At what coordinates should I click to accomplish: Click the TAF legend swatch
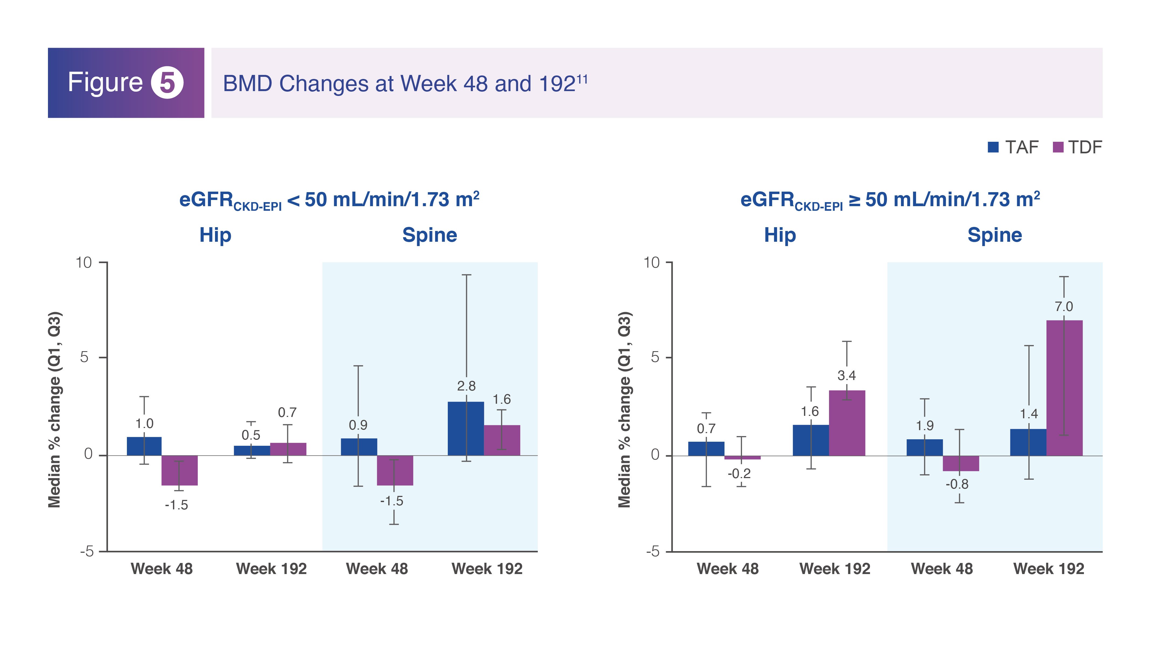(x=993, y=147)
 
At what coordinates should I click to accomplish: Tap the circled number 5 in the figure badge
(x=167, y=83)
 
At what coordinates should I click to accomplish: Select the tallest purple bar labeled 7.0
(x=1064, y=388)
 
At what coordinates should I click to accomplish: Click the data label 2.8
(x=466, y=386)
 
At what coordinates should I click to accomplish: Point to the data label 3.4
(x=846, y=375)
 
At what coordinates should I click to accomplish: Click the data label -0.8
(x=957, y=484)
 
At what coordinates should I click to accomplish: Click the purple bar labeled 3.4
(x=847, y=423)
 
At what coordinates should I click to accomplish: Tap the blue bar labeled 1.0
(x=144, y=446)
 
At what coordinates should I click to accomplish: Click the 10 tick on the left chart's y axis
(x=84, y=262)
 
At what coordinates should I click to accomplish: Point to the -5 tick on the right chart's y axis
(x=652, y=552)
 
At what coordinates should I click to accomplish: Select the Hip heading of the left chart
(x=215, y=235)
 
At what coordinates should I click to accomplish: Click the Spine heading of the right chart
(x=995, y=235)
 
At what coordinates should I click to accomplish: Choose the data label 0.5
(x=251, y=435)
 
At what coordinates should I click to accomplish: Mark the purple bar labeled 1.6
(x=502, y=440)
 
